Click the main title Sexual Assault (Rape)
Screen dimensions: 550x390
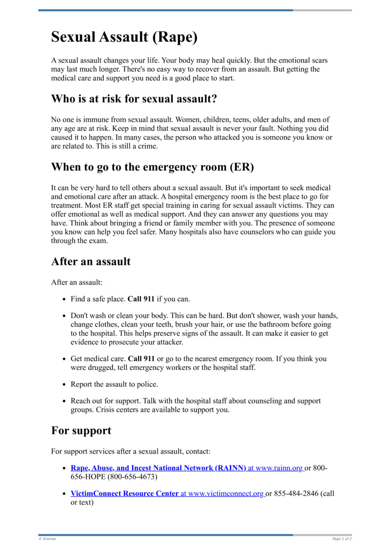click(x=124, y=37)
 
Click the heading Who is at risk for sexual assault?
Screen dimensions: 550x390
click(x=134, y=99)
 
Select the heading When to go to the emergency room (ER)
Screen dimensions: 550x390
click(x=153, y=167)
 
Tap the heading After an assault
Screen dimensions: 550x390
click(x=91, y=261)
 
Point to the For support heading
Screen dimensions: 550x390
click(x=81, y=430)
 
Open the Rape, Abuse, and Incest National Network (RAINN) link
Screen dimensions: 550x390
click(x=158, y=468)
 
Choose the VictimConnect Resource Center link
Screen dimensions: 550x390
click(x=124, y=494)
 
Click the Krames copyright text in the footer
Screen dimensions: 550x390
click(x=47, y=539)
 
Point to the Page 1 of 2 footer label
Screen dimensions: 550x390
click(x=342, y=539)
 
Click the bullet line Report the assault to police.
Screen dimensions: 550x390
click(x=114, y=384)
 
